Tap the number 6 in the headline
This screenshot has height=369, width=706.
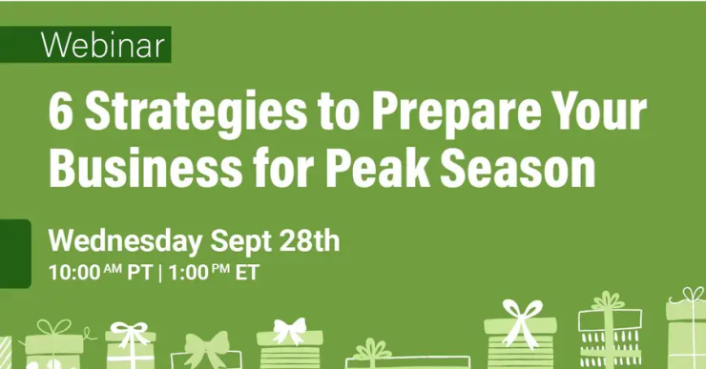pyautogui.click(x=62, y=114)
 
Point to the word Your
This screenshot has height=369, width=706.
pyautogui.click(x=597, y=114)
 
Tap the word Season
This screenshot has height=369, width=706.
pyautogui.click(x=521, y=170)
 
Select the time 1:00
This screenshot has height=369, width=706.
pyautogui.click(x=187, y=273)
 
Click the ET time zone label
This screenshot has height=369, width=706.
pyautogui.click(x=247, y=273)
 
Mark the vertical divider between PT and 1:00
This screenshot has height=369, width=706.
pyautogui.click(x=158, y=273)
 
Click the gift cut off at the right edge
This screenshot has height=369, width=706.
pyautogui.click(x=688, y=335)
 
